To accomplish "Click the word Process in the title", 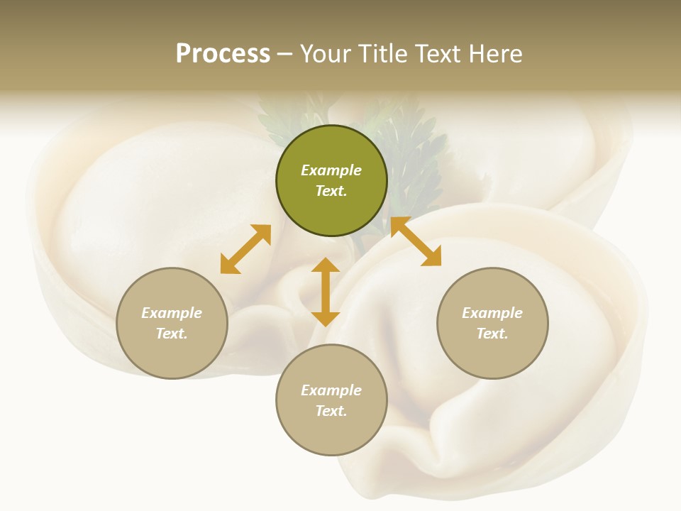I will tap(223, 54).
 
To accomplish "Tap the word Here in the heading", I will tap(494, 54).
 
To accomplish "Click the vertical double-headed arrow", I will tap(326, 292).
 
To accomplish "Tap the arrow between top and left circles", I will tap(245, 249).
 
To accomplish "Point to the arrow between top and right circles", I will tap(416, 241).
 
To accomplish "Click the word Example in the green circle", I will tap(331, 170).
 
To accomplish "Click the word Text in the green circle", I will tap(331, 191).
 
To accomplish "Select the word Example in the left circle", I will tap(172, 313).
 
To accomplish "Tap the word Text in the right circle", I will tap(492, 334).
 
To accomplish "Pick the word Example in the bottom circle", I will tap(331, 390).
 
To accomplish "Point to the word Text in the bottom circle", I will tap(331, 411).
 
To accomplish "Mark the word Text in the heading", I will tap(438, 54).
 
